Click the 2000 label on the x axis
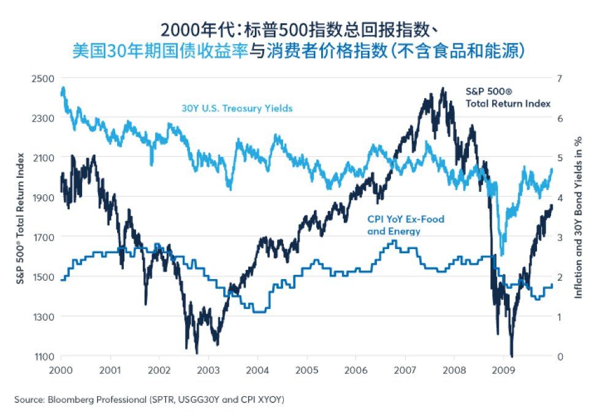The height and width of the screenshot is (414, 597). (x=61, y=370)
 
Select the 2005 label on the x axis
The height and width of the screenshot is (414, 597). (x=307, y=370)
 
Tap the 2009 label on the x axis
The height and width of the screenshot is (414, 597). (x=504, y=370)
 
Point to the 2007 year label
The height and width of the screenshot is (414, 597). (x=406, y=370)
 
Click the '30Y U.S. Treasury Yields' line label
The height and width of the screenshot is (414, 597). (x=237, y=109)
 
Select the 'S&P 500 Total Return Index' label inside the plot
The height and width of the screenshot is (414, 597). (x=508, y=97)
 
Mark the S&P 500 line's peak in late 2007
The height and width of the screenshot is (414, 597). (x=443, y=88)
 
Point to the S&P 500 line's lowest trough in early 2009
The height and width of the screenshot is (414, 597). (x=511, y=355)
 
